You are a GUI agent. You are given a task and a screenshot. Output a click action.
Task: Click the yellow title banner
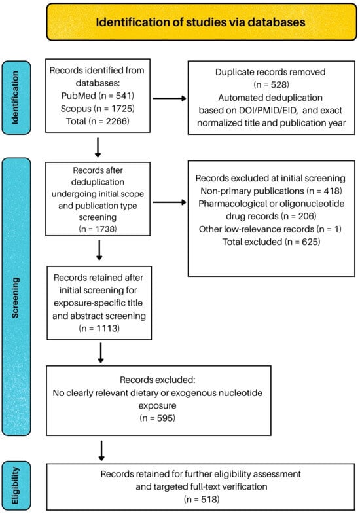(202, 22)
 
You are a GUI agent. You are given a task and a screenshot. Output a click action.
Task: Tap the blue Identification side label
(16, 98)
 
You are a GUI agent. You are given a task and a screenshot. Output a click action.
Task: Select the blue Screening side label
(16, 297)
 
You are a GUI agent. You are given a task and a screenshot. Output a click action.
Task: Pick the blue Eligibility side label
(16, 485)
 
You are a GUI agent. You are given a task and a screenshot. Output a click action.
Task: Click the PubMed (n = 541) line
(98, 96)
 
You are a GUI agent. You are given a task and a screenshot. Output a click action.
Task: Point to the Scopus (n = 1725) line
(98, 109)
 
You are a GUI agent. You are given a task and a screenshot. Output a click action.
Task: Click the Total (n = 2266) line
(98, 121)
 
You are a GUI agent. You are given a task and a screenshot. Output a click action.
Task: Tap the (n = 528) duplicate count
(271, 84)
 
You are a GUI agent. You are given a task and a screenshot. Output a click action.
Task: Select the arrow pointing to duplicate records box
(170, 98)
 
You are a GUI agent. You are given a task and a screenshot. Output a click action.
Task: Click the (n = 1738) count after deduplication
(98, 229)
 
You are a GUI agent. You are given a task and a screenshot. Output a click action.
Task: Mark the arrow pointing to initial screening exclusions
(170, 202)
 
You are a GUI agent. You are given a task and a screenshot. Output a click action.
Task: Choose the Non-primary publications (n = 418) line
(271, 191)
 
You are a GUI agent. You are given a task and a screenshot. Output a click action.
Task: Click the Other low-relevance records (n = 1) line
(270, 229)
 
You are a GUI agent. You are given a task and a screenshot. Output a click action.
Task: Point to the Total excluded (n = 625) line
(271, 242)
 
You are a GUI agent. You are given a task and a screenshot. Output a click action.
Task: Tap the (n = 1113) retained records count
(99, 328)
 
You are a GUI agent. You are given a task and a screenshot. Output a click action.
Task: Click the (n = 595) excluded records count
(157, 418)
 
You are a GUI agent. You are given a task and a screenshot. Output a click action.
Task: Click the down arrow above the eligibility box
(101, 450)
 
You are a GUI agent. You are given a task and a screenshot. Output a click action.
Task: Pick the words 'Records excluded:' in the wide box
(157, 380)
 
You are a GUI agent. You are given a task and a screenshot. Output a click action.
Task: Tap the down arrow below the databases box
(98, 147)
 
